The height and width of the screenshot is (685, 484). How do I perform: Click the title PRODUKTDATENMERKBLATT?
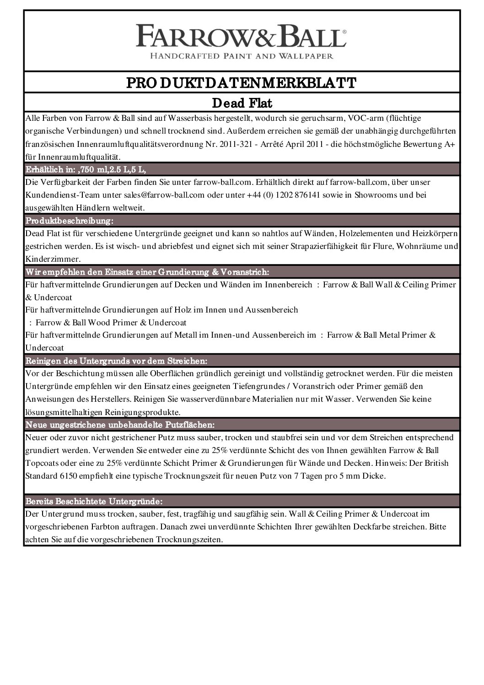(242, 83)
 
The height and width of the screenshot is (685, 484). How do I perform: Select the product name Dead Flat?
(242, 103)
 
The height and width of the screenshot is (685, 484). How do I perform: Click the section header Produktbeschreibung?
(69, 221)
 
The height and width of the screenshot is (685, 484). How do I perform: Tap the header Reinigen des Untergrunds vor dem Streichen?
(117, 361)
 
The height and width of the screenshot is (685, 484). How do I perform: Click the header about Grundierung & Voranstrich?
(147, 272)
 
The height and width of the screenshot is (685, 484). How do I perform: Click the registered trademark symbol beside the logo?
(344, 32)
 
